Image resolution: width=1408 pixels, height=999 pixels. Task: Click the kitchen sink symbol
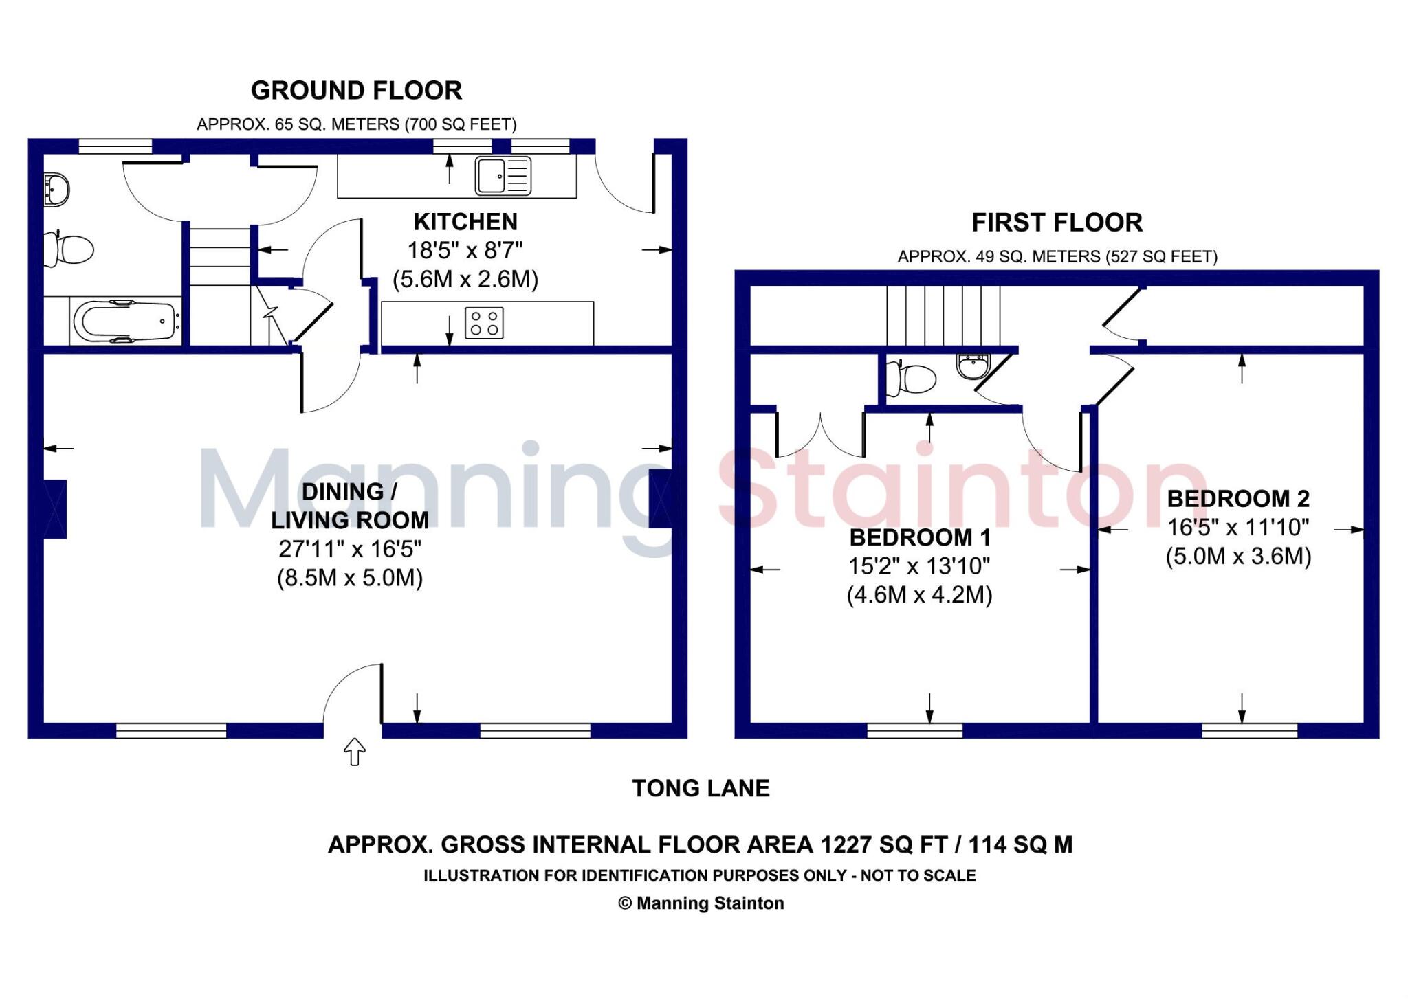[x=503, y=175]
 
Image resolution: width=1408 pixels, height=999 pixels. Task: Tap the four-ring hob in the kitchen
[x=484, y=323]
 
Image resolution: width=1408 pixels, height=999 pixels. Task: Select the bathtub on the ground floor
[x=125, y=321]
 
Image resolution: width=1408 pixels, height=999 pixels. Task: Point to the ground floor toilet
[x=69, y=249]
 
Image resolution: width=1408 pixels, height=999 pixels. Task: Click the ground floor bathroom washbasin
[x=56, y=189]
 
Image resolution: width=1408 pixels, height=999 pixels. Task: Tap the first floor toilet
[x=912, y=379]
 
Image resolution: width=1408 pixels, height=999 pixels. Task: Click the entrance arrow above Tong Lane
[x=354, y=752]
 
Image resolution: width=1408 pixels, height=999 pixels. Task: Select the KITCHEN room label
[x=465, y=222]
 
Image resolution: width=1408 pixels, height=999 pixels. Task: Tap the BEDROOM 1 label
[x=920, y=537]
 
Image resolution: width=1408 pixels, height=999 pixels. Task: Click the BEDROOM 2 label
[x=1238, y=499]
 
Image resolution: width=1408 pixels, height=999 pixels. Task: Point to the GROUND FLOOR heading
[x=356, y=91]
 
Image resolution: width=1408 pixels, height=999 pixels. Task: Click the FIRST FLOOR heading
[x=1057, y=223]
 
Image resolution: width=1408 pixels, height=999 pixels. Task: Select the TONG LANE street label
[x=701, y=788]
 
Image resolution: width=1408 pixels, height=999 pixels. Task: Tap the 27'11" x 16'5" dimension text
[x=350, y=549]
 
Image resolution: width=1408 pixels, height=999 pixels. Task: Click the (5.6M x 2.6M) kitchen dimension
[x=465, y=280]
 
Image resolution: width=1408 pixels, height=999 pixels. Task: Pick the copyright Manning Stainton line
[x=701, y=903]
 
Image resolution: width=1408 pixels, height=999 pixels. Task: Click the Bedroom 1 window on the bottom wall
[x=914, y=730]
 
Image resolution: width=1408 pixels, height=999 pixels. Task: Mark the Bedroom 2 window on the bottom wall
[x=1249, y=730]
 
